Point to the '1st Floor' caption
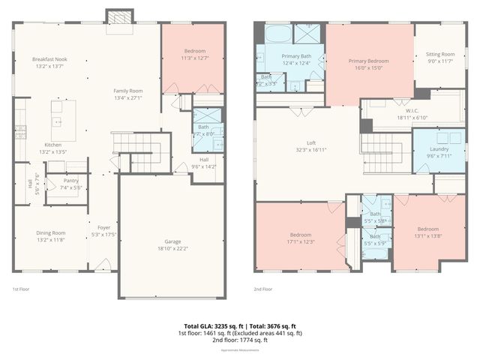[21, 289]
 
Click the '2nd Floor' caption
[262, 289]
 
